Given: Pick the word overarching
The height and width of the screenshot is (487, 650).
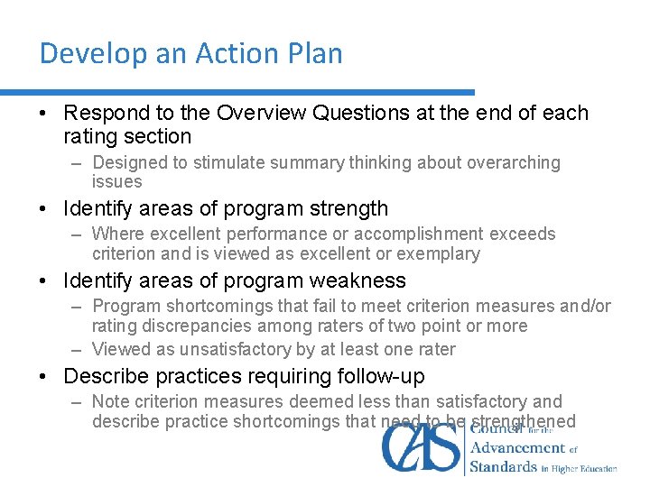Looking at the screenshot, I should (x=514, y=163).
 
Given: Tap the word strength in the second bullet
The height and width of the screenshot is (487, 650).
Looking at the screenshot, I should (x=349, y=209).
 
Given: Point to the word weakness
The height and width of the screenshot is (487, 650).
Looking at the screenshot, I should (x=364, y=281).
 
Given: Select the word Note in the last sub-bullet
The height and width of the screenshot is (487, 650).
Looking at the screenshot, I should (x=111, y=402).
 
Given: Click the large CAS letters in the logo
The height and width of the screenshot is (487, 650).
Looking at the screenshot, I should (x=422, y=447).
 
